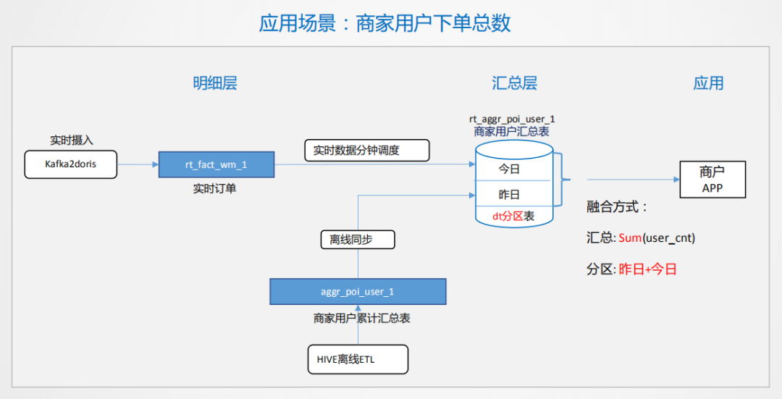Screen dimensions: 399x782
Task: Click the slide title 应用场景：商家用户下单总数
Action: [384, 23]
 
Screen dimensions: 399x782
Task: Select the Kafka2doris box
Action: [70, 164]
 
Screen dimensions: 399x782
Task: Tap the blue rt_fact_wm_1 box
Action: [216, 165]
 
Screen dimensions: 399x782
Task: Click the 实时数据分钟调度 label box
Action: [366, 150]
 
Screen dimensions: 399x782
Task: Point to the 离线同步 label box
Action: [357, 239]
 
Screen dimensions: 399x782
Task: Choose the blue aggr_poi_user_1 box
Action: [358, 292]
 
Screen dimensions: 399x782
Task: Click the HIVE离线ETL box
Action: [358, 359]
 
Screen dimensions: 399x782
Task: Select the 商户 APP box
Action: [712, 180]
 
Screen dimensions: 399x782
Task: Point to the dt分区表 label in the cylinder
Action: [513, 216]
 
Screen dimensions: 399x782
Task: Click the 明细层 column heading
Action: [215, 83]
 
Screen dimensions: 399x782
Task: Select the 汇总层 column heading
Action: [515, 83]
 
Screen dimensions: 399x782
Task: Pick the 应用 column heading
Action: [708, 83]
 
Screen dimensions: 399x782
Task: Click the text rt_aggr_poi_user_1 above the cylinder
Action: [512, 119]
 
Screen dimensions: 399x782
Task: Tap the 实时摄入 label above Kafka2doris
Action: [71, 140]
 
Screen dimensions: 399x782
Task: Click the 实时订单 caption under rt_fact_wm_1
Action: [214, 188]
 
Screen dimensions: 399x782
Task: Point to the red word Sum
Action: [630, 238]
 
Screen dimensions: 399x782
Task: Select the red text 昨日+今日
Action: [647, 269]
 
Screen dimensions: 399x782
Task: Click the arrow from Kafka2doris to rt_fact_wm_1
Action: [138, 164]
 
